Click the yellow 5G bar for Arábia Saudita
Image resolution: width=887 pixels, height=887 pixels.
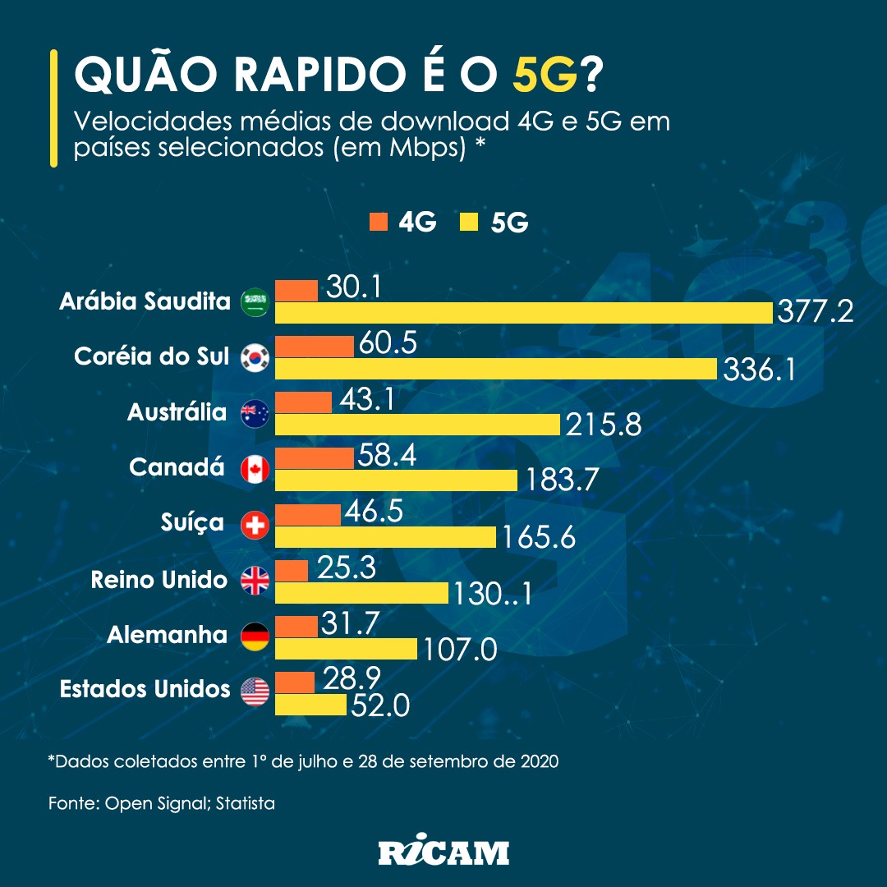[x=523, y=313]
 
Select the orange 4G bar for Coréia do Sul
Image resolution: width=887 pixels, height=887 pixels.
[x=315, y=346]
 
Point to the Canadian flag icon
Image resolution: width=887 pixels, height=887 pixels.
[x=255, y=470]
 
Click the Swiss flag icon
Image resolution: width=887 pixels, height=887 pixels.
[x=255, y=526]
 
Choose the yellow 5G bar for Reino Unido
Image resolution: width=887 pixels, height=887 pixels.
[x=361, y=593]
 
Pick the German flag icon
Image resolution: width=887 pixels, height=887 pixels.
[x=255, y=637]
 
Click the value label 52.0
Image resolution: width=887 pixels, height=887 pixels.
[x=379, y=705]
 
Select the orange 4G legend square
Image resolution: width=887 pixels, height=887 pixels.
[x=379, y=221]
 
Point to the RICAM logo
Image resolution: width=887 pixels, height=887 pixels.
[x=443, y=853]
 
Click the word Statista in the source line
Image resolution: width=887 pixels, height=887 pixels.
[x=246, y=803]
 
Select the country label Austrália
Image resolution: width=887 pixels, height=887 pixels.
[x=177, y=412]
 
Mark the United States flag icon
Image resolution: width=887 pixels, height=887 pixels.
[x=255, y=692]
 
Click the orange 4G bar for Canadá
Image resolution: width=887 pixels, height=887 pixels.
[x=314, y=457]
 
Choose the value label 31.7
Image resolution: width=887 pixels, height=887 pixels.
[x=350, y=625]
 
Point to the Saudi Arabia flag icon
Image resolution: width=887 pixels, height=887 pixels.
[x=255, y=302]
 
